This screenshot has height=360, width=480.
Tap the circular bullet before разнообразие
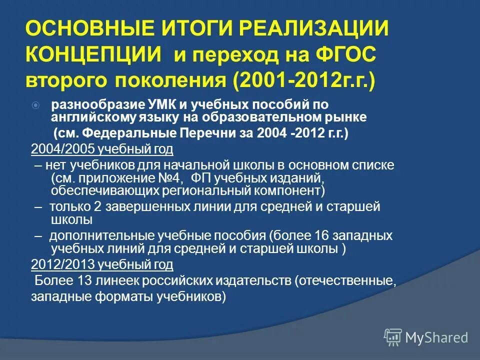tap(35, 105)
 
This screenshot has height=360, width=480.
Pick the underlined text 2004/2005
tap(62, 149)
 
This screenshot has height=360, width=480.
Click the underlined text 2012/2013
tap(62, 264)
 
